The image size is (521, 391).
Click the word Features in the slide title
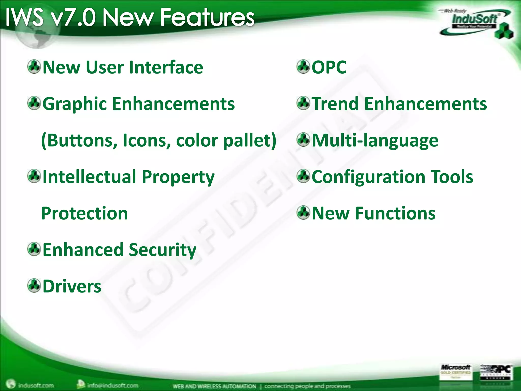tap(207, 17)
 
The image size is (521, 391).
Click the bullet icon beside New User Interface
tap(34, 67)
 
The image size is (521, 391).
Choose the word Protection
tap(84, 213)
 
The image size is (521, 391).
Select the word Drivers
tap(72, 286)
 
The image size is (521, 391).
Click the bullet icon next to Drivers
tap(34, 286)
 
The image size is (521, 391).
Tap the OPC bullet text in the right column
tap(329, 67)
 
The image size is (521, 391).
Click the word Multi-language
tap(375, 141)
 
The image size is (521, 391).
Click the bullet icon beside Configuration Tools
tap(303, 176)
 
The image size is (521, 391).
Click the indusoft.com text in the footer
tap(36, 385)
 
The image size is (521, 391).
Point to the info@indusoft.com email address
tap(113, 385)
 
